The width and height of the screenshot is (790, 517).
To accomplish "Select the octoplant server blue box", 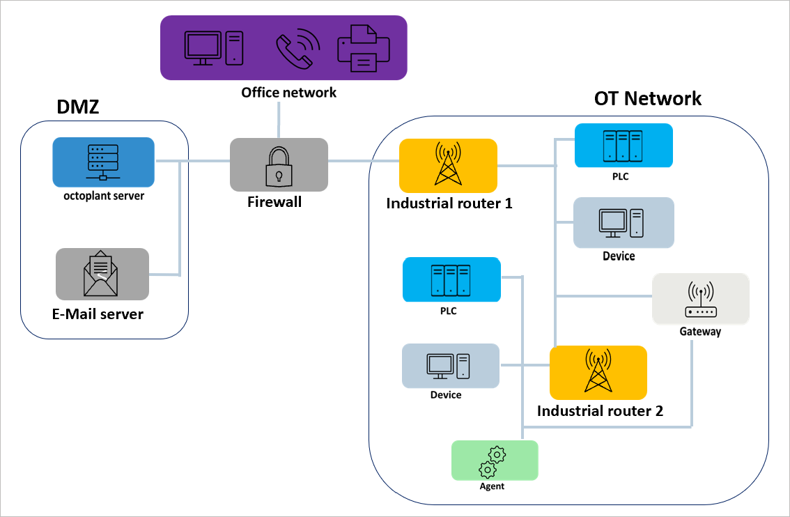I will (x=103, y=162).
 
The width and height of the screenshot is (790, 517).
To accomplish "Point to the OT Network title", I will (x=647, y=99).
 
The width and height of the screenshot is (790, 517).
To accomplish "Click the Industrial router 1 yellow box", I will (x=447, y=166).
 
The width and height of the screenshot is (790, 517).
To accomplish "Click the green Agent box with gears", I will (x=495, y=460).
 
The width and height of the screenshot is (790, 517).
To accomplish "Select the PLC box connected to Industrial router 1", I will (x=623, y=146).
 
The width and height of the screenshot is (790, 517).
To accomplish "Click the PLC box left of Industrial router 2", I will (x=451, y=279).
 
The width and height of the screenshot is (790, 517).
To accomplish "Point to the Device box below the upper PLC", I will (x=623, y=222).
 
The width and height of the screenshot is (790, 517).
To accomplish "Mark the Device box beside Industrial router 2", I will (x=450, y=366).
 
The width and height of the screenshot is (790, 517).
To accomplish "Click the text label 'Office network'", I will (x=288, y=92).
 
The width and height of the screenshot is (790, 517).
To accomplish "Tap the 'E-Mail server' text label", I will (x=98, y=314).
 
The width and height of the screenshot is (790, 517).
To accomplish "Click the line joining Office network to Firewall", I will (x=278, y=120).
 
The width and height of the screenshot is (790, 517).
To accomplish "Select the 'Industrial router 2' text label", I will (x=599, y=411).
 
